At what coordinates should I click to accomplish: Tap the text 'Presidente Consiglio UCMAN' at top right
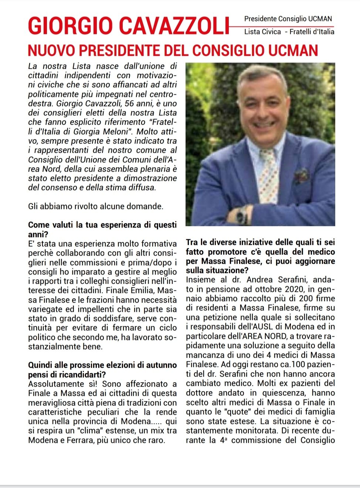[288, 19]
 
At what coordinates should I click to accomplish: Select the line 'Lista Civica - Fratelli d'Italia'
[289, 32]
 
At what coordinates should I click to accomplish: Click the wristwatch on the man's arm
[242, 215]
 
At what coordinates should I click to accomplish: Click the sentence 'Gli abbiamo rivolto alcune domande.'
[96, 206]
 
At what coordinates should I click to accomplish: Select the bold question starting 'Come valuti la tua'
[102, 229]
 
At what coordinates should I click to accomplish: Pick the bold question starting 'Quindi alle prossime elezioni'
[102, 370]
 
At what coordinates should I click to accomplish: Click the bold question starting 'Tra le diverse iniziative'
[260, 256]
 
